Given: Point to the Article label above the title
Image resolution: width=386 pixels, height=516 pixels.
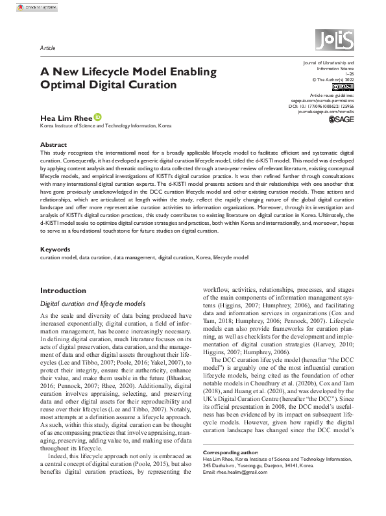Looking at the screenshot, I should coord(48,48).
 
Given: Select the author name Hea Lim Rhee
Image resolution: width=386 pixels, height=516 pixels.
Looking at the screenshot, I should coord(66,117).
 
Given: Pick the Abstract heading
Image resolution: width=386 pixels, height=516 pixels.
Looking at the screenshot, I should coord(53,144).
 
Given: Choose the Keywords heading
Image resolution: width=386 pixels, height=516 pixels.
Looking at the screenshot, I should coord(56,249).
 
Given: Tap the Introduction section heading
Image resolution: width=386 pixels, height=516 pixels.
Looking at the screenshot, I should coord(63,290).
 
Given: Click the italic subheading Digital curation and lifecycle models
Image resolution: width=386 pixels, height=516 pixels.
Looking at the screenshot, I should coord(88,303).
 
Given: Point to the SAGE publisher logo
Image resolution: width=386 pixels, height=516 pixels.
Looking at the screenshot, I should coord(342,120).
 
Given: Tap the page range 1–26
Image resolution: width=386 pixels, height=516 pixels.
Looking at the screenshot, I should coord(349,73).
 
